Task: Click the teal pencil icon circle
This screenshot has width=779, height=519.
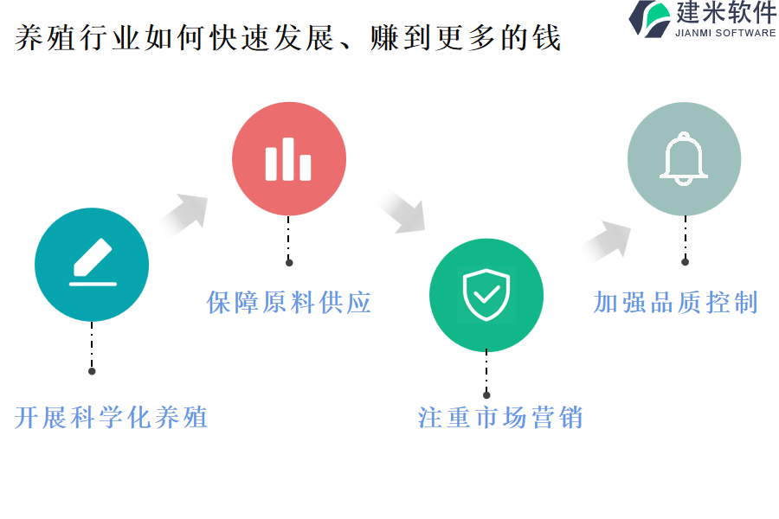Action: point(92,265)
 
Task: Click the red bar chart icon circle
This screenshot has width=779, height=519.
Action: point(288,159)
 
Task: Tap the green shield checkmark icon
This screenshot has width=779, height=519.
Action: point(486,295)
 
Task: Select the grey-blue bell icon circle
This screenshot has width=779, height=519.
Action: point(684,159)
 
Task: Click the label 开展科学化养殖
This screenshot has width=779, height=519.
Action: point(112,418)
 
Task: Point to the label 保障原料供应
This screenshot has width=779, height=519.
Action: point(289,302)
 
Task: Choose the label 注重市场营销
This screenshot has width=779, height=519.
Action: point(500,418)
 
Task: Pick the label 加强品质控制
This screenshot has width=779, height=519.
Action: point(676,302)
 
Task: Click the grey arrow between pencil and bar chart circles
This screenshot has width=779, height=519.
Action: point(184,214)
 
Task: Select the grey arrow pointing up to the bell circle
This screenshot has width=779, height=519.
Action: point(607,240)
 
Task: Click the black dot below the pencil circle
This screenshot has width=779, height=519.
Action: point(92,371)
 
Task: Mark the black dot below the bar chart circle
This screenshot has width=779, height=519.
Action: point(289,262)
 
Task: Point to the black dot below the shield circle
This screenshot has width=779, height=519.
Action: point(486,394)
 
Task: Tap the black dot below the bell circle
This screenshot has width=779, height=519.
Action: point(685,261)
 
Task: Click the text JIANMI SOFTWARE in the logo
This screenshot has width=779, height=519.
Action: point(725,33)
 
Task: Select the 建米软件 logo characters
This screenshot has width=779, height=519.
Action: point(725,14)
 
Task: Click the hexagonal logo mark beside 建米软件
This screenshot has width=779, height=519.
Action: point(649,18)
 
